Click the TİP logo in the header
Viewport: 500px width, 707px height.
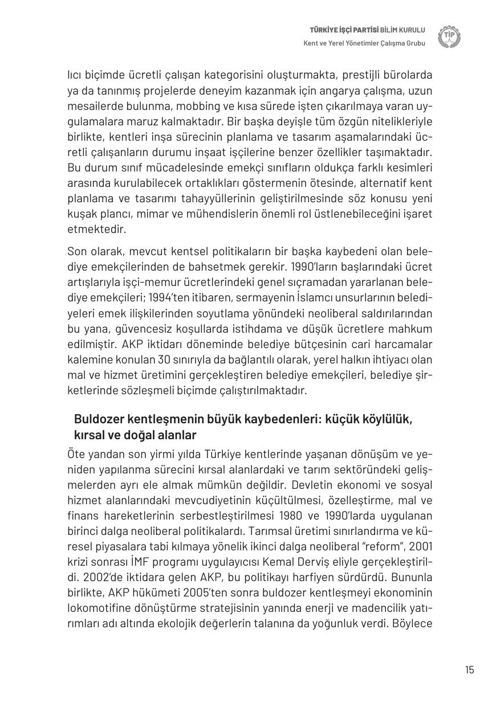449,37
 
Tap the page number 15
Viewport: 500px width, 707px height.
469,669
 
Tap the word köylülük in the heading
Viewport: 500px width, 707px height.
385,420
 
